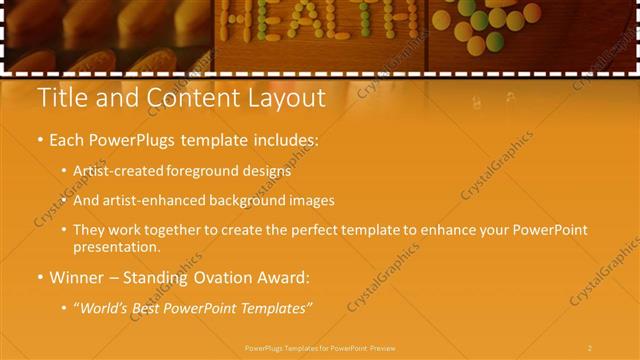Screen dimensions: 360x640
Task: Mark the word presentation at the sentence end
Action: (116, 246)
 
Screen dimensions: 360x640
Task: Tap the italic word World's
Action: (103, 307)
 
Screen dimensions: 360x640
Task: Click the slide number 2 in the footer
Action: (590, 347)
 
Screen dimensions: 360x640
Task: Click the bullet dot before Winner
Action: (39, 277)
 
